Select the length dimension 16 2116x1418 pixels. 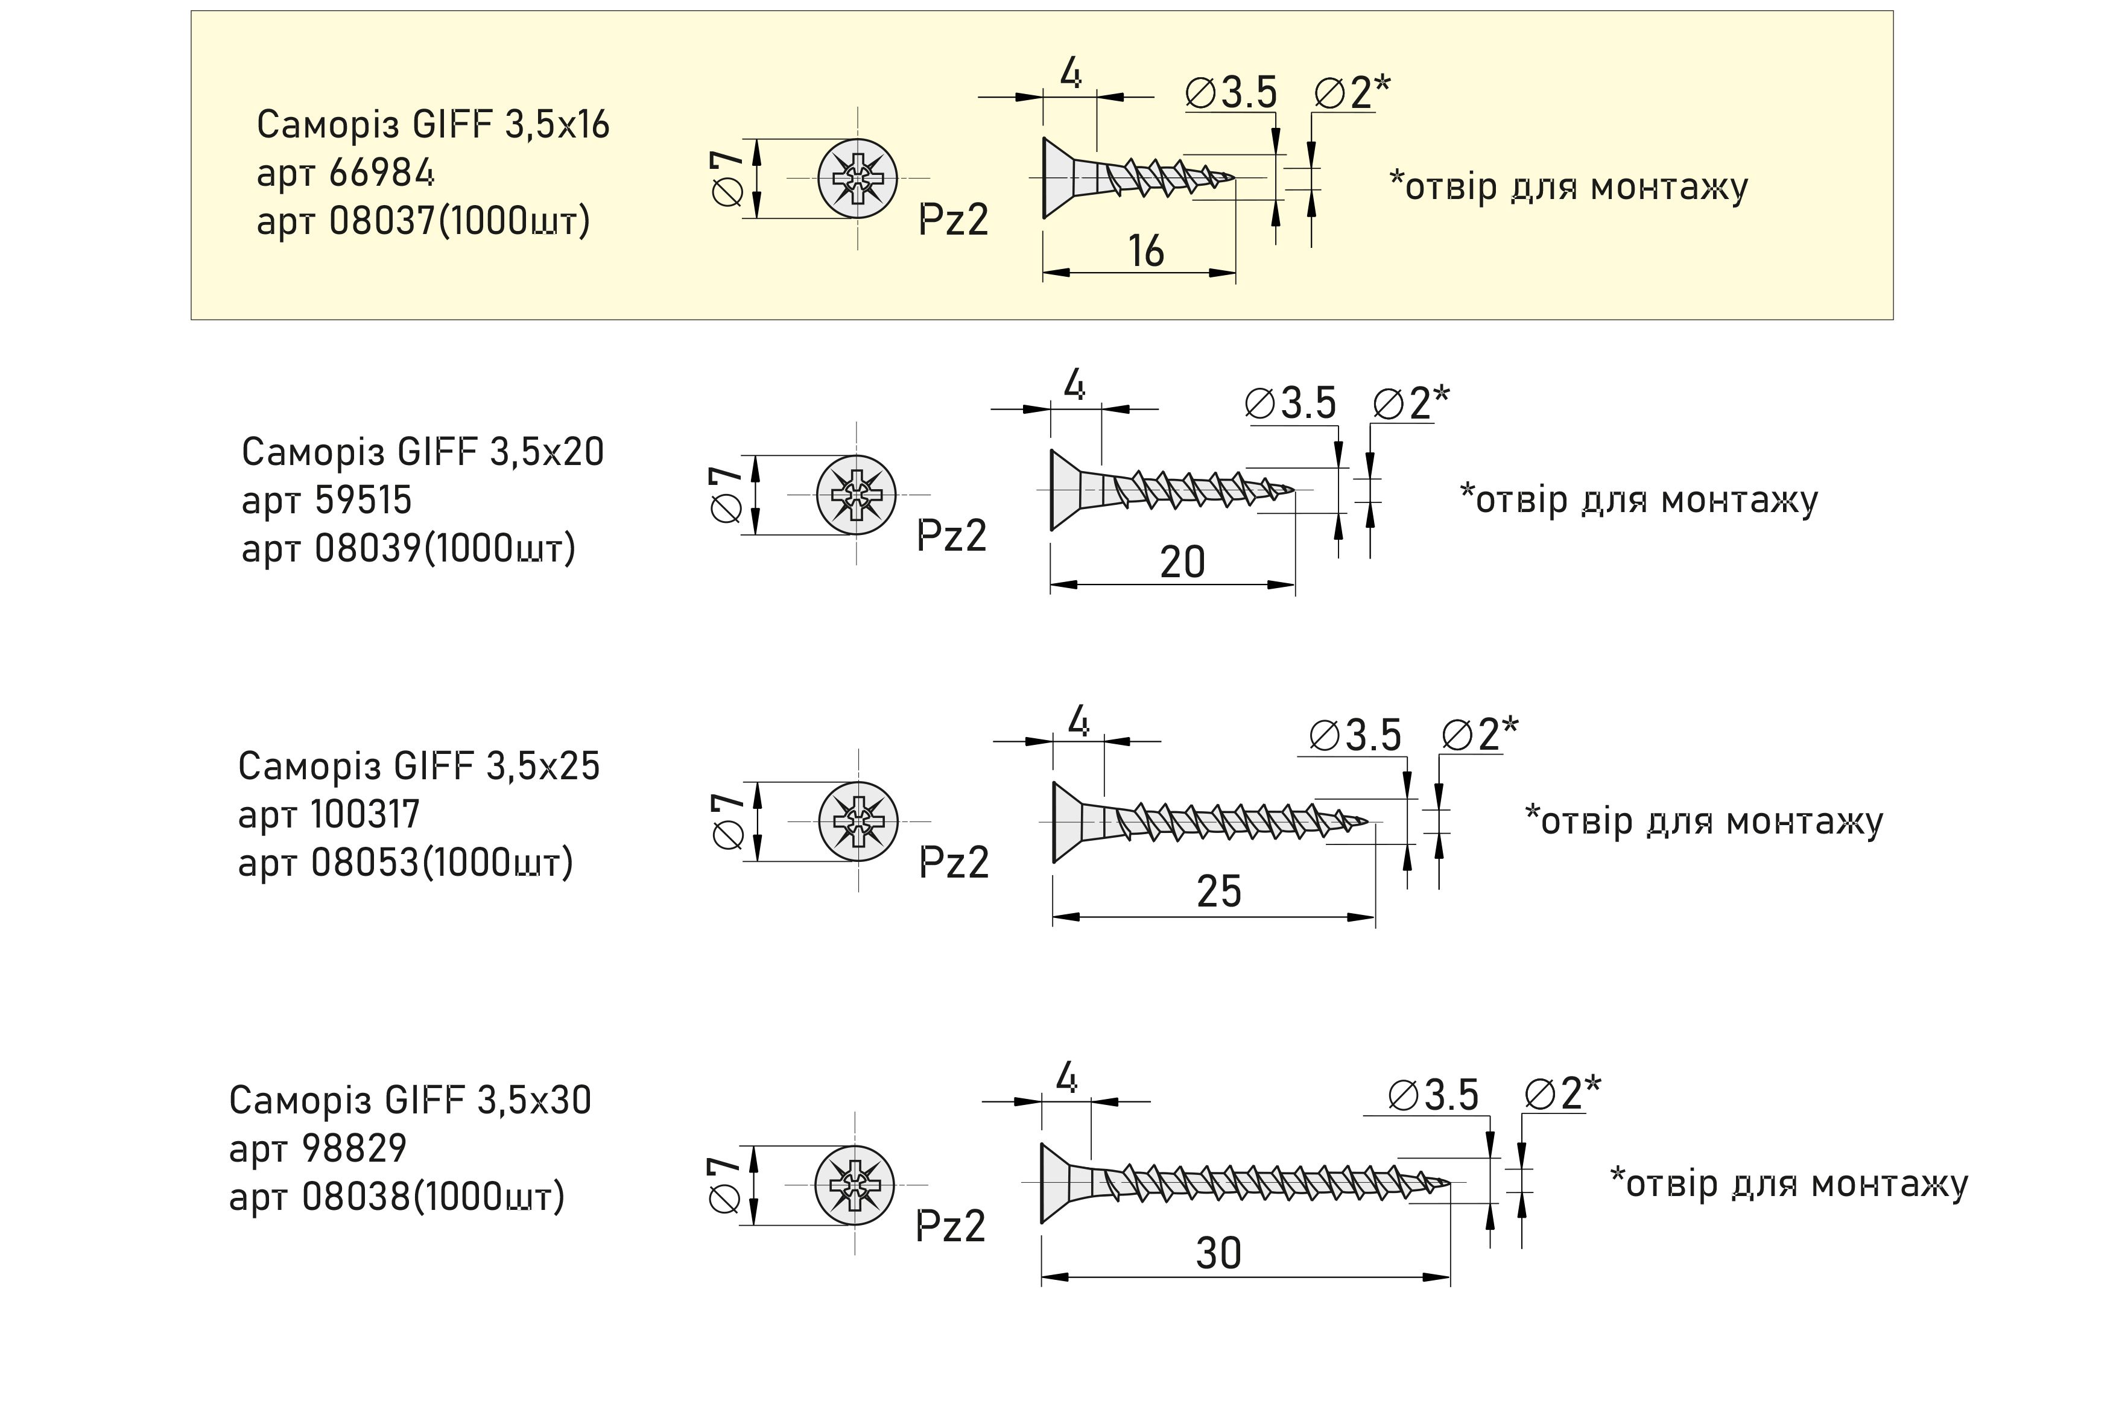pos(1145,252)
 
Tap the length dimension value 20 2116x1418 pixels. pos(1182,563)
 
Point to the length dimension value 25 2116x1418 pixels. pos(1219,891)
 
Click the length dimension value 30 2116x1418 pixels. pos(1218,1253)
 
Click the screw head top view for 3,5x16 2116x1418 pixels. pos(857,178)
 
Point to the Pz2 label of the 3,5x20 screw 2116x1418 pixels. pos(951,536)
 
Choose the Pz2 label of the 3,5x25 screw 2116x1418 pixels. pos(954,863)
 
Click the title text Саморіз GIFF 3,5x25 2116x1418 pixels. pos(419,766)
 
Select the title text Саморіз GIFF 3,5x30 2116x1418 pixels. pos(410,1100)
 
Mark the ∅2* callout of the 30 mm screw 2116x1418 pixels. pos(1562,1094)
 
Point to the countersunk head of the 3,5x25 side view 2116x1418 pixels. pos(1067,821)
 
